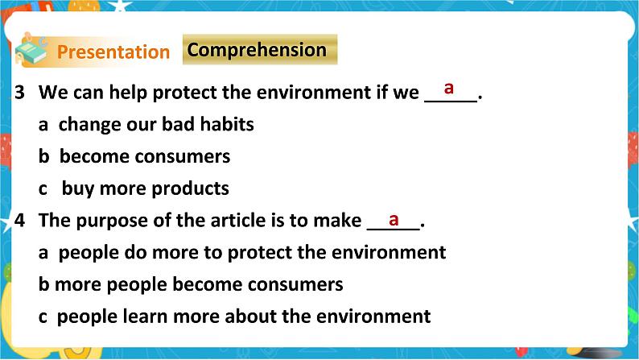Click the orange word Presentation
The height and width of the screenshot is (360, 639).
point(113,52)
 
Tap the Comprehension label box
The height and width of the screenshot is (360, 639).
point(257,50)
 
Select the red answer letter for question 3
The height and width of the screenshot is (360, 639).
point(449,86)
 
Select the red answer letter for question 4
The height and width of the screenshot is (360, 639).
point(394,218)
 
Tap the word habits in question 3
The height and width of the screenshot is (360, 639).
point(227,125)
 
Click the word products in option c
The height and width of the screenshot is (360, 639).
point(190,188)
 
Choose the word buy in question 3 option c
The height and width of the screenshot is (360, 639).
point(77,188)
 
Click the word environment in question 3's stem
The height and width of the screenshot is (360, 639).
point(313,93)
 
